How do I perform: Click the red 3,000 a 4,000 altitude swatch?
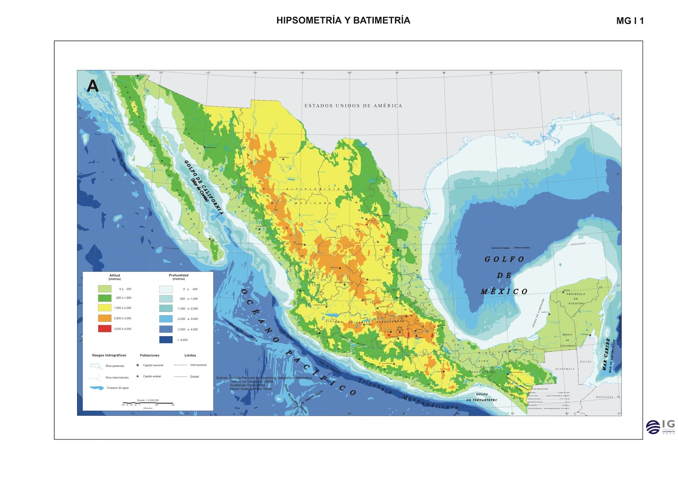(105, 328)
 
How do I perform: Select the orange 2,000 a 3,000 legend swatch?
(105, 318)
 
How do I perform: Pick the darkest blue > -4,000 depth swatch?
(166, 339)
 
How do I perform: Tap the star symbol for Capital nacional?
(138, 365)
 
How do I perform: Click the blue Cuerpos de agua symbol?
(97, 388)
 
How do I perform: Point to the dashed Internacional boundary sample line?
(181, 365)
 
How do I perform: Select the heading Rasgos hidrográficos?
(109, 355)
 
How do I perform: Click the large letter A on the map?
(92, 86)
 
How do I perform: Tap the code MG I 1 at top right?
(630, 21)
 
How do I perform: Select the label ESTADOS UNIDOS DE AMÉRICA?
(353, 106)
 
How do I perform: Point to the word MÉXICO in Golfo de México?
(504, 291)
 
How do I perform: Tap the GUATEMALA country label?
(565, 369)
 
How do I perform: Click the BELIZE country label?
(586, 361)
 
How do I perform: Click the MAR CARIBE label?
(607, 354)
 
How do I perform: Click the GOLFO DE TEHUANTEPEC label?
(482, 397)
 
